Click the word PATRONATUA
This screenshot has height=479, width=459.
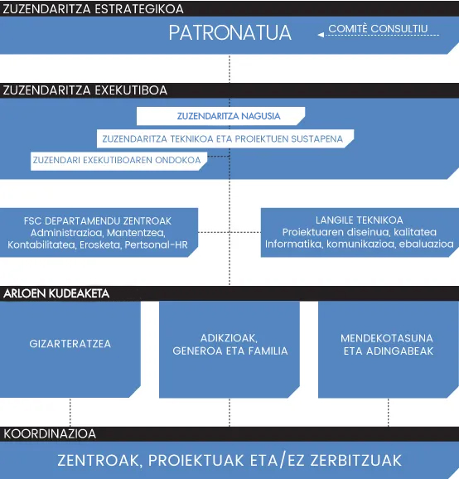coord(230,32)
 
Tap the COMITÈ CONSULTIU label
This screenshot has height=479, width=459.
coord(378,29)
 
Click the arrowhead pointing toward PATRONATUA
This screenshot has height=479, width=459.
coord(321,35)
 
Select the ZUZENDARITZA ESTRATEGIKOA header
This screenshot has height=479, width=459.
coord(93,9)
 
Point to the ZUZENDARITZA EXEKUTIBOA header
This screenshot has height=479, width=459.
coord(85,90)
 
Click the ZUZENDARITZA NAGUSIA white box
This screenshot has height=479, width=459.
coord(220,116)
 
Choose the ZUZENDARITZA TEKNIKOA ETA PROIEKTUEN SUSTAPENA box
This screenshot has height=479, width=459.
coord(225,138)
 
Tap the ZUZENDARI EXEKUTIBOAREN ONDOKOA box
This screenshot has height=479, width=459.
coord(118,161)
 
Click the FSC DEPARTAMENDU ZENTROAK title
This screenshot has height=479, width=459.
coord(98,221)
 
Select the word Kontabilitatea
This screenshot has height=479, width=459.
coord(41,244)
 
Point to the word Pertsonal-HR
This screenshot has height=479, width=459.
coord(156,244)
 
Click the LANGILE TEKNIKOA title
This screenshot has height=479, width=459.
coord(359,220)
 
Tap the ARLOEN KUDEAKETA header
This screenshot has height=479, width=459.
coord(56,293)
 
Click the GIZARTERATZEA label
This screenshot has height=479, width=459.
coord(70,344)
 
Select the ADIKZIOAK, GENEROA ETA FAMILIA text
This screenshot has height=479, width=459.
coord(230,344)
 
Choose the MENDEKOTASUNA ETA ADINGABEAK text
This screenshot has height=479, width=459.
coord(387,345)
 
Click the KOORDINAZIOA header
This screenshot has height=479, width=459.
coord(50,433)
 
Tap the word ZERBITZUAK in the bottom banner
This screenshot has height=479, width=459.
coord(356,461)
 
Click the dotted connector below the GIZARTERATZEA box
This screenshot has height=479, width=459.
coord(70,413)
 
